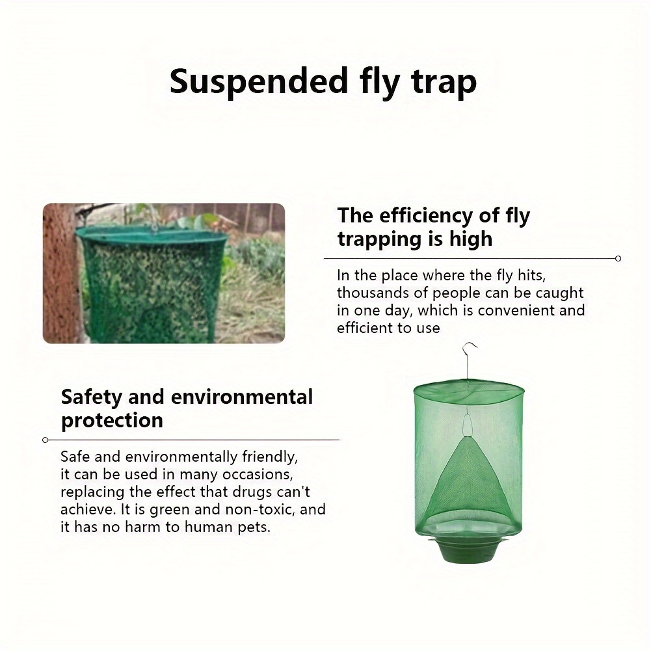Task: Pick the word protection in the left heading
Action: click(x=112, y=420)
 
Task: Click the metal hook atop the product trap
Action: click(x=470, y=358)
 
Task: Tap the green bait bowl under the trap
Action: click(x=469, y=548)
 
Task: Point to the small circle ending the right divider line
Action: click(x=618, y=258)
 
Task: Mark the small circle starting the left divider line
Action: click(x=45, y=440)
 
